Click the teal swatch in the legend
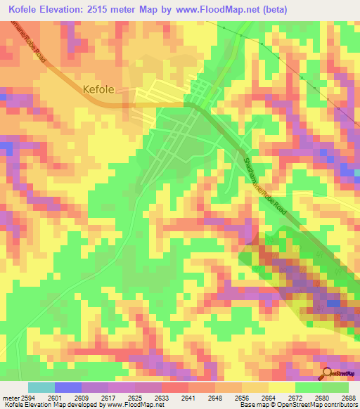(41, 387)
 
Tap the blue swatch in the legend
(68, 387)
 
